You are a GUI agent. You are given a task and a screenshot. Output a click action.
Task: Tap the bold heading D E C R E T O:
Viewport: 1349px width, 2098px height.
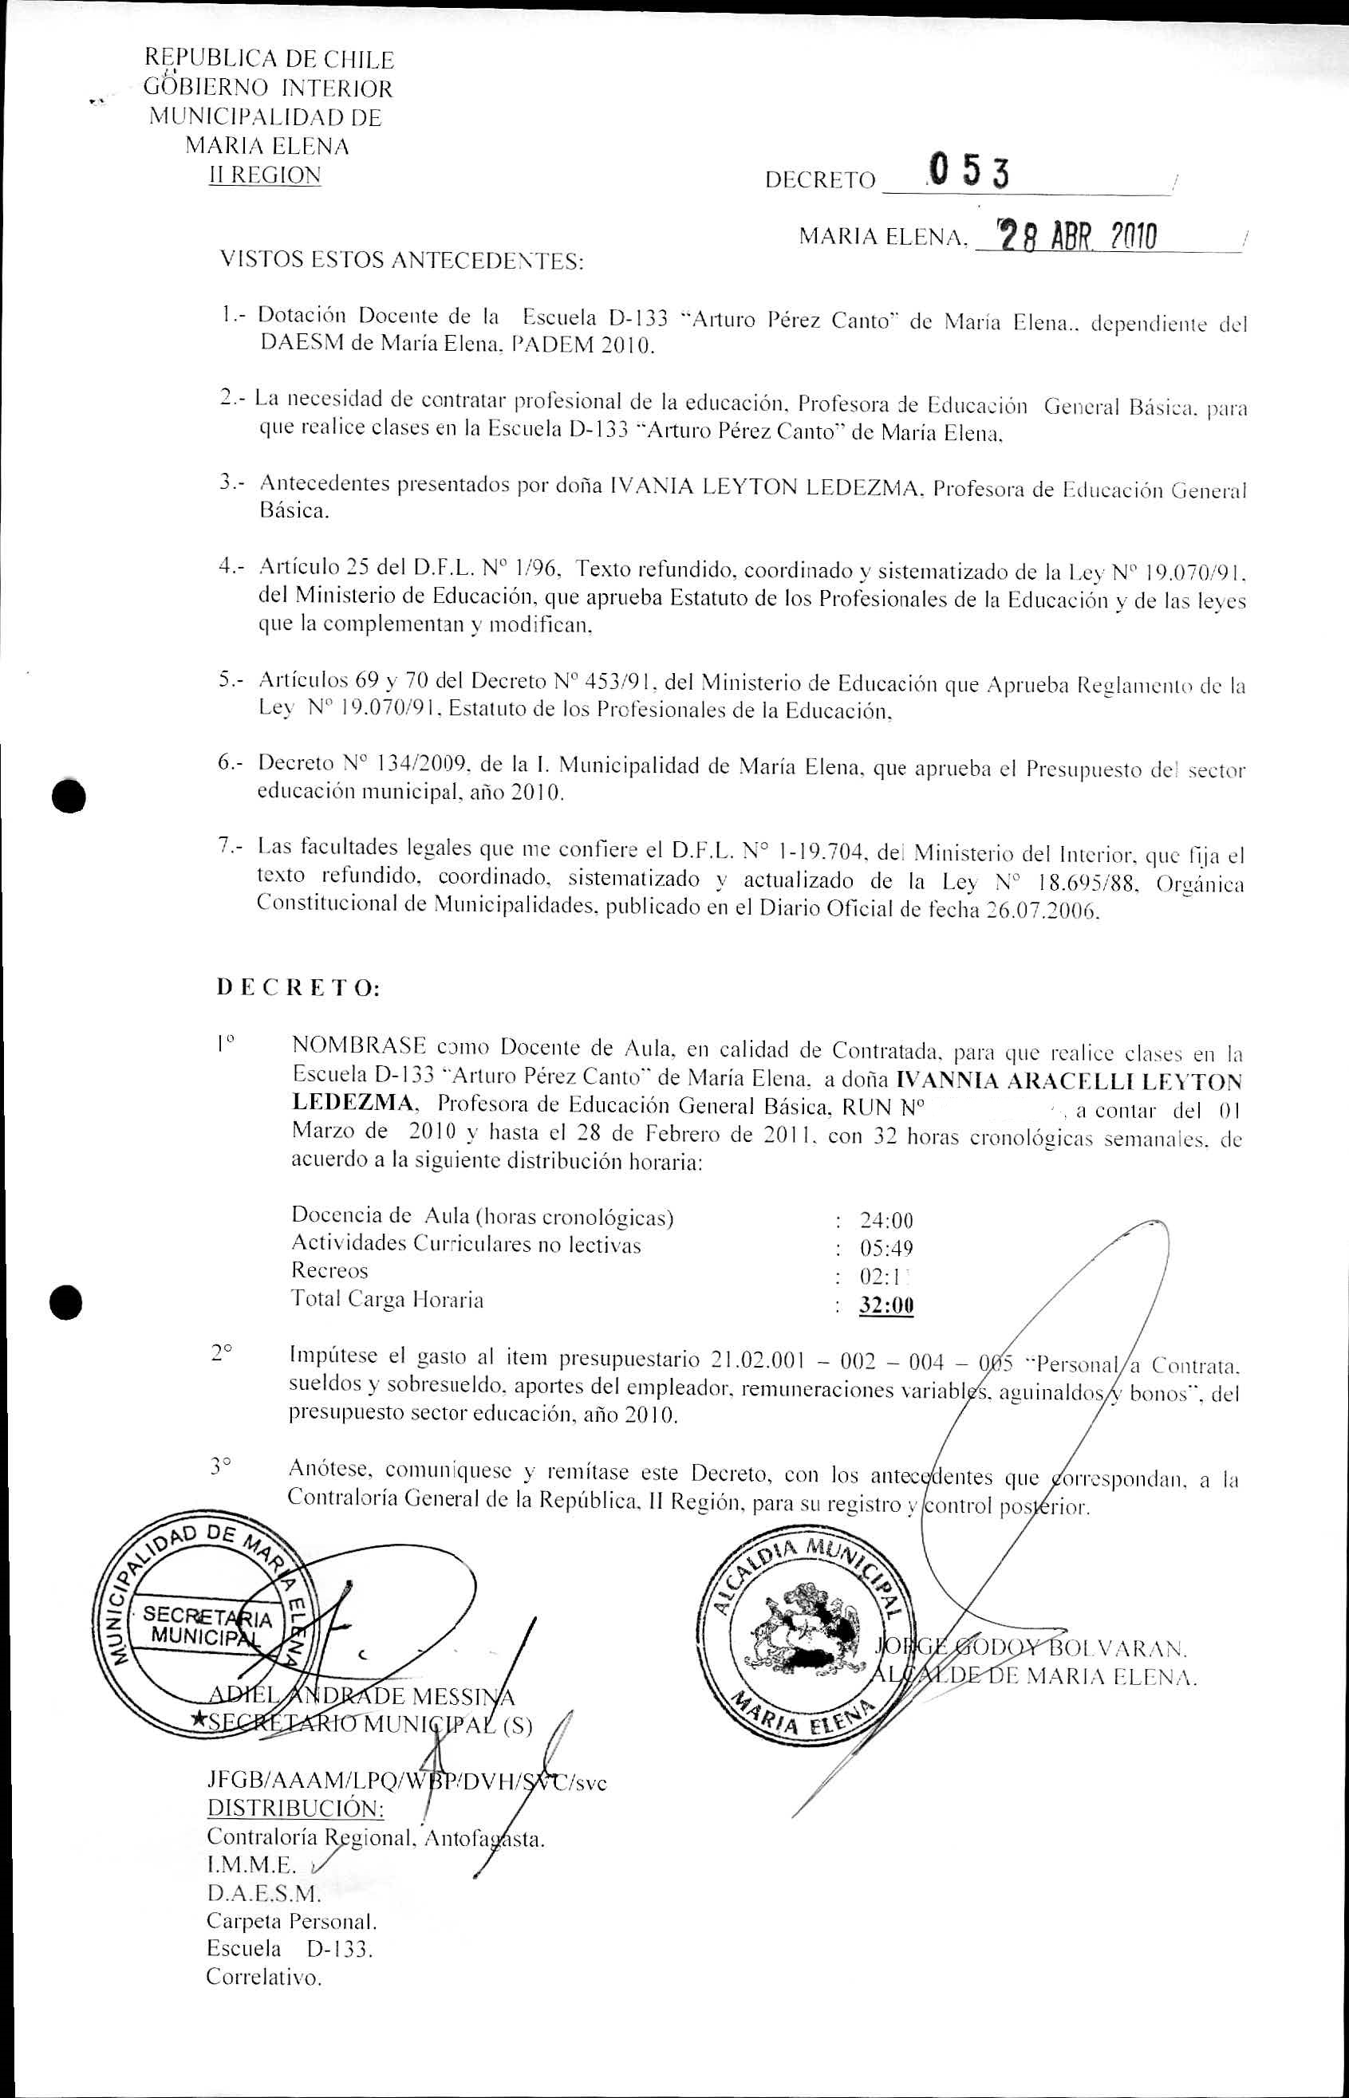click(298, 988)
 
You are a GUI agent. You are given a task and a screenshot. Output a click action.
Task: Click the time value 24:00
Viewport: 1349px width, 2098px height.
click(886, 1220)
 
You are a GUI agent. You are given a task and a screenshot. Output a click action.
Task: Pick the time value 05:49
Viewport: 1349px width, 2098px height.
click(886, 1248)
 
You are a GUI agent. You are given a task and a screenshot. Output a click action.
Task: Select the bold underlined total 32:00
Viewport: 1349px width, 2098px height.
click(886, 1305)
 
